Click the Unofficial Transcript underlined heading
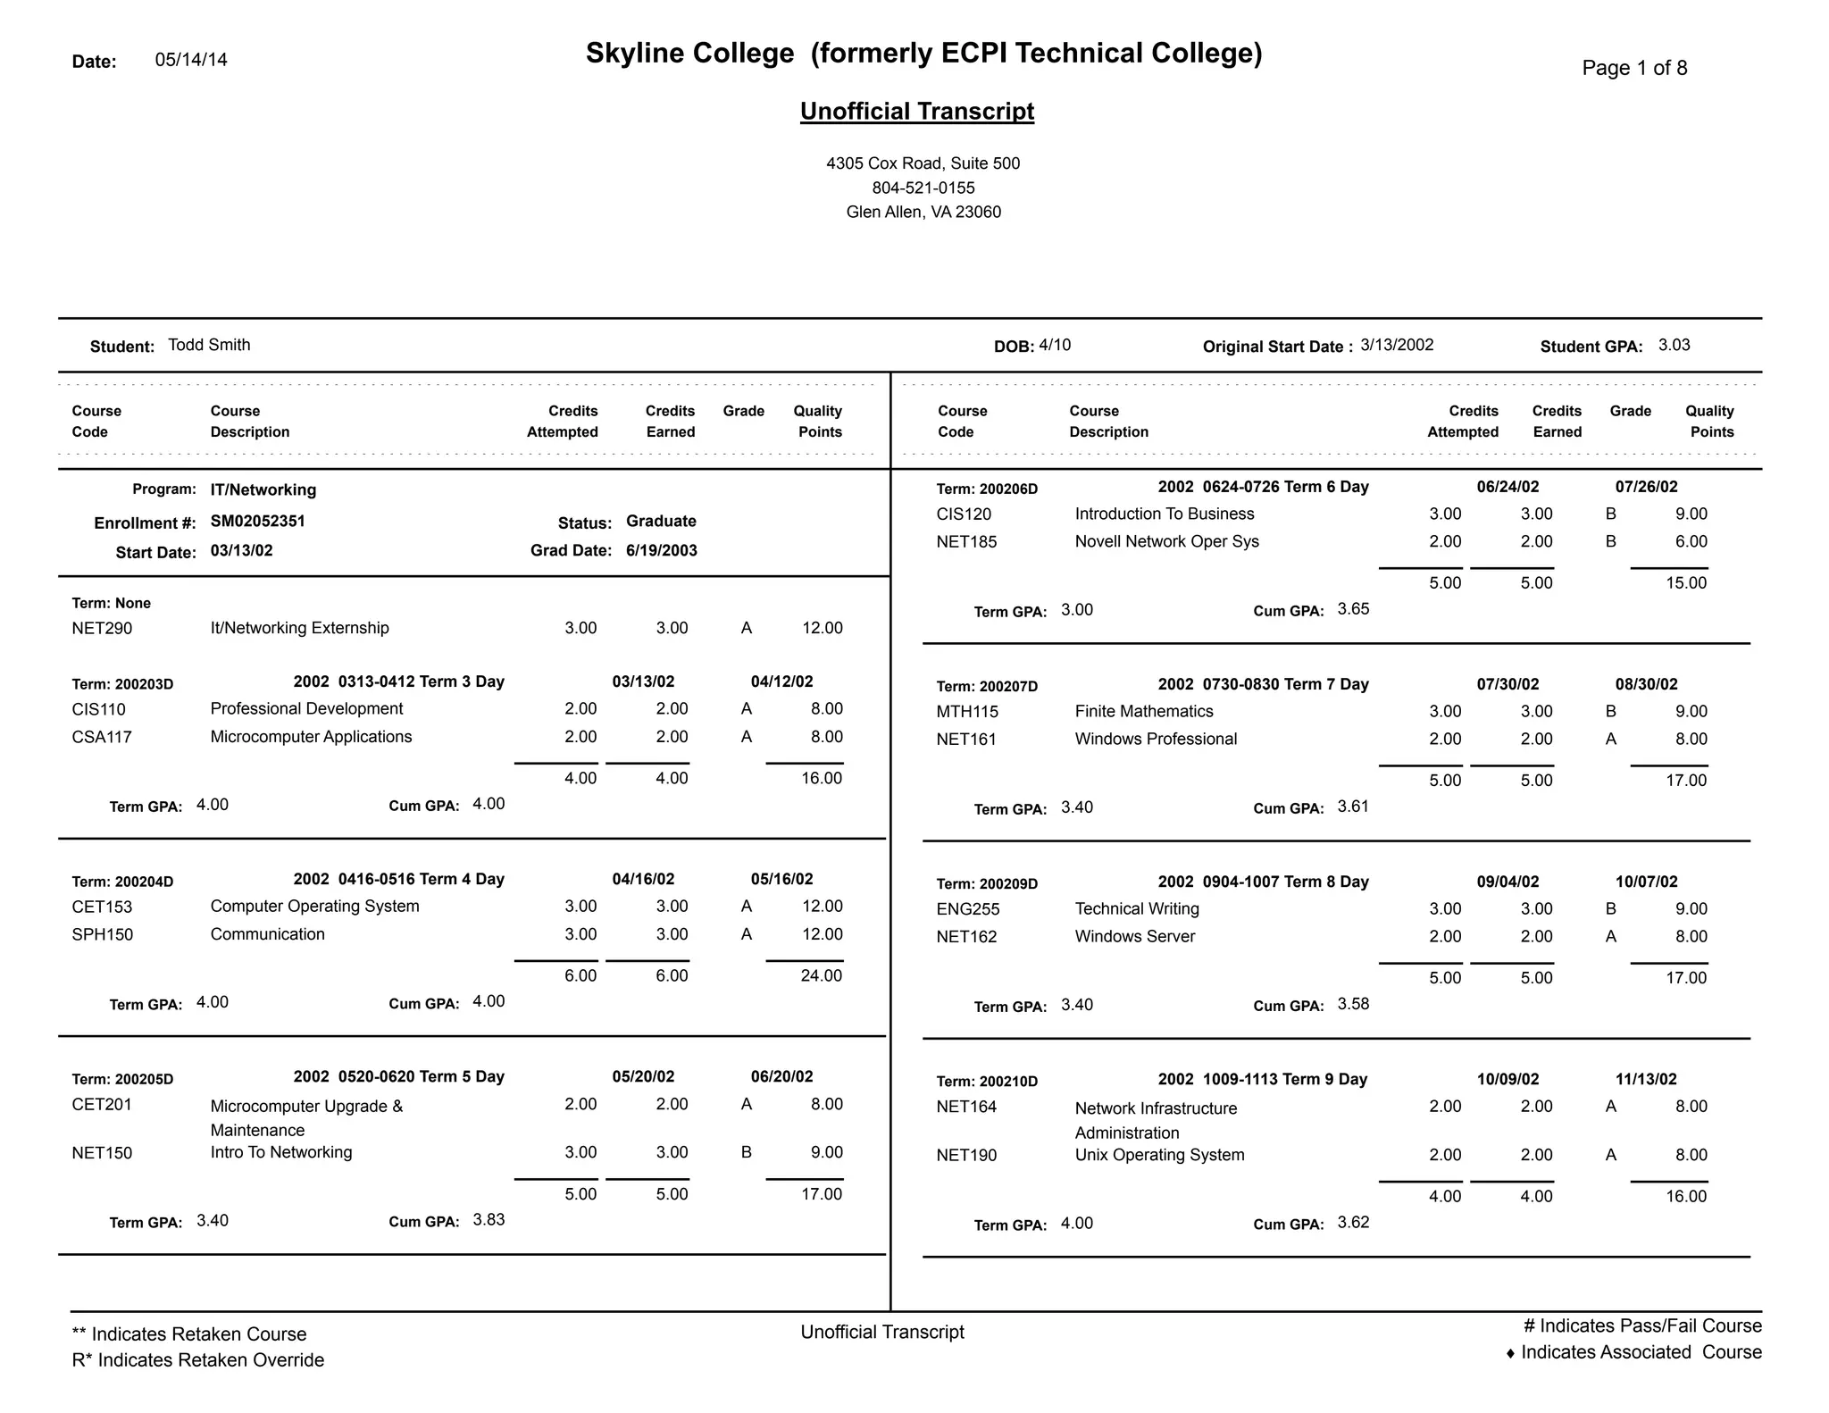(x=916, y=112)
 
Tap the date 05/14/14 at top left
(x=191, y=60)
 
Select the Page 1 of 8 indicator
(x=1633, y=68)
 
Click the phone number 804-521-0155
(x=923, y=188)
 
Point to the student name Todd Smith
(x=209, y=345)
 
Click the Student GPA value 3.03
(x=1674, y=345)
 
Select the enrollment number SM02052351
(x=257, y=521)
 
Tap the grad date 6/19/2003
(x=661, y=550)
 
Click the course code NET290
(x=102, y=628)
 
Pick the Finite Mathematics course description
(x=1143, y=711)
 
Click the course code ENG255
(x=967, y=909)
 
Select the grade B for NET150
(x=746, y=1152)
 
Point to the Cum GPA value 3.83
(x=489, y=1219)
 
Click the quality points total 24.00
(x=821, y=975)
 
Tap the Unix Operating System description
(x=1159, y=1155)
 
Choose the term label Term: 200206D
(x=987, y=489)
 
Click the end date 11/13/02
(x=1645, y=1079)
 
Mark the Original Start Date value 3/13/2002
(x=1397, y=345)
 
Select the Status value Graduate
(x=661, y=521)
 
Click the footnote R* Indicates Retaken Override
(x=198, y=1359)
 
